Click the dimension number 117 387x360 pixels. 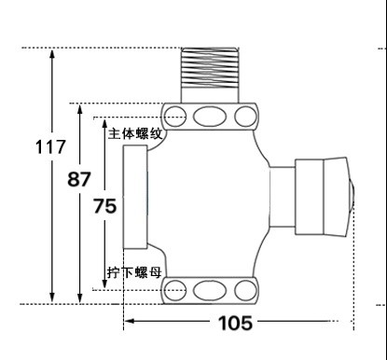50,146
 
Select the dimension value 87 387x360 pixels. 79,179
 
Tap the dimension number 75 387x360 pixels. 105,206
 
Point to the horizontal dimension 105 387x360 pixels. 235,323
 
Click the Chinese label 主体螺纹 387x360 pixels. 135,134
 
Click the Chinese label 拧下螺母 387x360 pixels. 134,272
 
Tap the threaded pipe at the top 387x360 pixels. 210,76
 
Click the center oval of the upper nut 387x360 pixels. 210,117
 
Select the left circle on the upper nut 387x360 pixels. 175,117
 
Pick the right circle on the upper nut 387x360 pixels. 245,117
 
